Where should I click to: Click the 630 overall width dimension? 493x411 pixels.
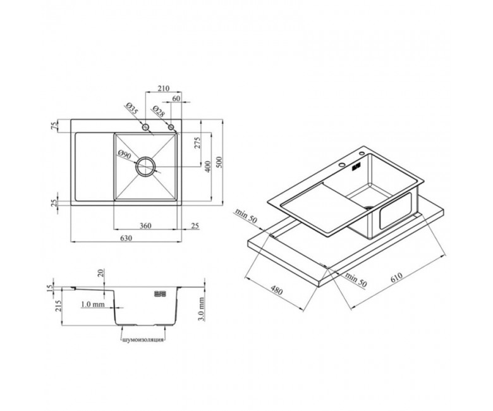[x=126, y=238]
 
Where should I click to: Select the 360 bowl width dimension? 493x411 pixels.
[x=145, y=226]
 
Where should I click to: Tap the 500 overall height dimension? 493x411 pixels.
[x=219, y=162]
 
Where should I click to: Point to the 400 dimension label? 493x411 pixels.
[x=207, y=166]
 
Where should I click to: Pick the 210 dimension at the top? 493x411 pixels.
[x=164, y=89]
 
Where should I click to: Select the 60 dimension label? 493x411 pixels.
[x=176, y=99]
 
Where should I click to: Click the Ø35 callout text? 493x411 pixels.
[x=132, y=109]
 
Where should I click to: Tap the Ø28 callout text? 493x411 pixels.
[x=158, y=111]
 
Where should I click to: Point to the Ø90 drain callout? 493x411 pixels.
[x=125, y=154]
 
